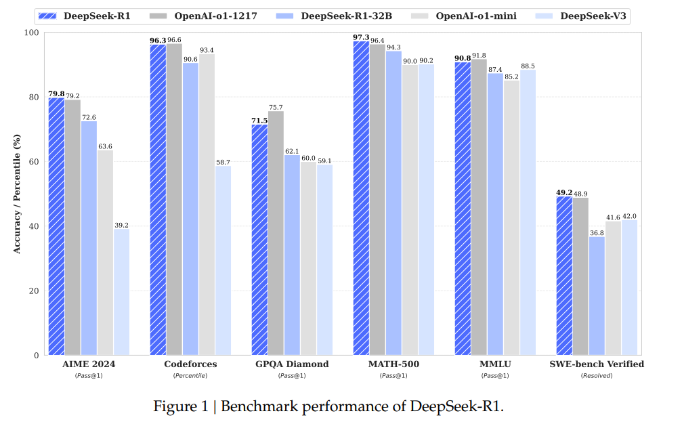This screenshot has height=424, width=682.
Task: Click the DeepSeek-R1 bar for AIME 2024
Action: [x=56, y=227]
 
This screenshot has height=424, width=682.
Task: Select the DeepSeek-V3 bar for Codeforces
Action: [x=223, y=261]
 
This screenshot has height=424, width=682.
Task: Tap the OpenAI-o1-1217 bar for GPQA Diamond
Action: [x=276, y=233]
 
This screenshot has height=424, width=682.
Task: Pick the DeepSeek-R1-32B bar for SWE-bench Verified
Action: [x=597, y=296]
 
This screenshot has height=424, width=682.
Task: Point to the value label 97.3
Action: [x=361, y=36]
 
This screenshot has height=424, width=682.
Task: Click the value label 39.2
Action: [x=121, y=225]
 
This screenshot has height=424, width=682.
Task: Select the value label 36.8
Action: [x=597, y=232]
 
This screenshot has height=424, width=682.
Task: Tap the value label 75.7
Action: [x=276, y=107]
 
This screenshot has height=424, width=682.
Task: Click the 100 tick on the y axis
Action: [x=32, y=33]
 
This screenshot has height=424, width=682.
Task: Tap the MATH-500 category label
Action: [x=393, y=364]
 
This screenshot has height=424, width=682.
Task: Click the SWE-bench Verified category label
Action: [x=597, y=364]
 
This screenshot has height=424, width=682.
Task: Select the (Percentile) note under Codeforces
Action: [x=190, y=375]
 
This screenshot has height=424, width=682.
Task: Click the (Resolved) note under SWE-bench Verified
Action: [x=597, y=375]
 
